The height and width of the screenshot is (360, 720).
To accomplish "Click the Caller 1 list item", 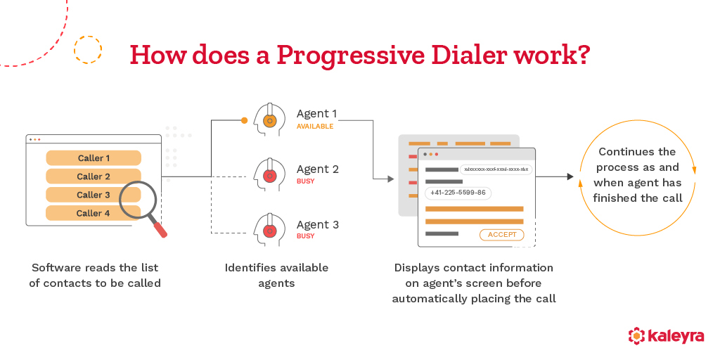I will (x=94, y=158).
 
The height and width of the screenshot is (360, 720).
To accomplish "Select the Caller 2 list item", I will (x=94, y=176).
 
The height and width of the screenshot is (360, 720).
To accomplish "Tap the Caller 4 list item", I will (x=94, y=213).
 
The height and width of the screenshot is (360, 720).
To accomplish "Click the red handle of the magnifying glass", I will (x=160, y=229).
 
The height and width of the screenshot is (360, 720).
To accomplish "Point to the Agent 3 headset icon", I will (x=269, y=231).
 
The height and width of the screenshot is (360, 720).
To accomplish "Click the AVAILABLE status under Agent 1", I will (x=315, y=127).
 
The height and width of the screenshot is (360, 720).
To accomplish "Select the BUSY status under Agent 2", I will (x=305, y=181).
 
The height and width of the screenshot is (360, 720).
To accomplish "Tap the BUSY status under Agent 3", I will (x=305, y=236).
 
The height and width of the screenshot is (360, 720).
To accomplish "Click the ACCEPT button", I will (x=501, y=235).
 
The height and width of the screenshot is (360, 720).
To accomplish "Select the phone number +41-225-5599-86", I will (x=458, y=193).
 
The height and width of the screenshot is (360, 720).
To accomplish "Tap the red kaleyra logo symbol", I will (x=636, y=335).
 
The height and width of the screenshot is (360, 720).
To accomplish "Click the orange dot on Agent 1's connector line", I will (x=244, y=120).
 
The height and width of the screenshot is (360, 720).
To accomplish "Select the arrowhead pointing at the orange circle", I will (x=570, y=177).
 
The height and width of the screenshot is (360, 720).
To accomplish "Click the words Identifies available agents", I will (x=276, y=275).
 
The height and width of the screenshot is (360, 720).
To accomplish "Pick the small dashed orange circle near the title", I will (x=88, y=50).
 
